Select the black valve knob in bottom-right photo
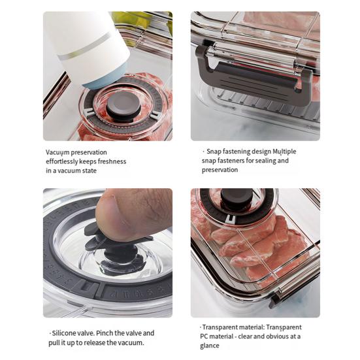(237, 199)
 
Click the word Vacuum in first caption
(57, 152)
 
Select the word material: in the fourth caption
(253, 327)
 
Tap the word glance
(210, 346)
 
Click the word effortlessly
(66, 161)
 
